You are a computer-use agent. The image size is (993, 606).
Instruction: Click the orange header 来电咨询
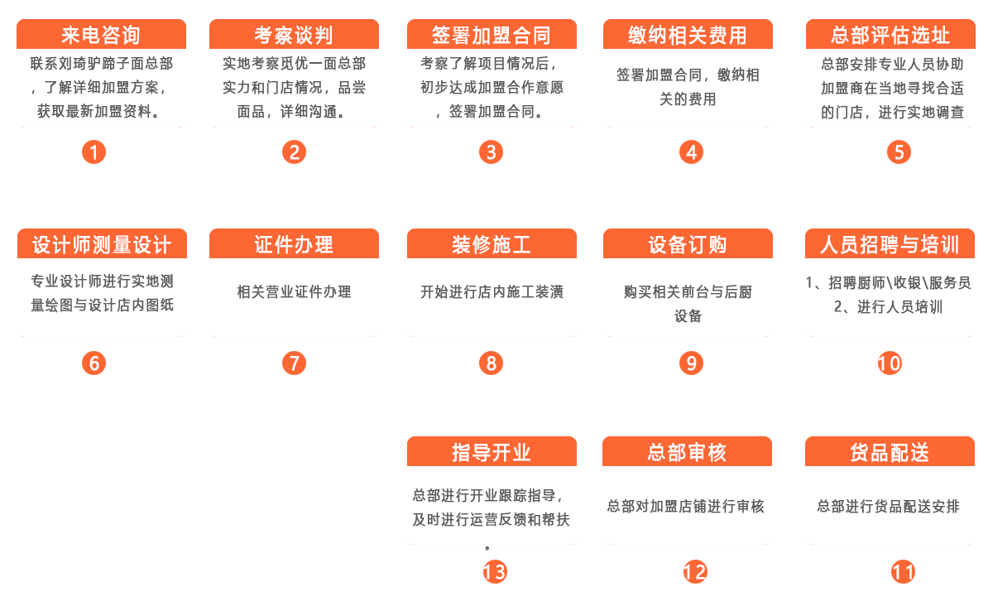pos(101,34)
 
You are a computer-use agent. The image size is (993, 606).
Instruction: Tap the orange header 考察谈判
pos(294,34)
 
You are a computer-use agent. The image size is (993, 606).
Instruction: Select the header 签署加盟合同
pos(492,34)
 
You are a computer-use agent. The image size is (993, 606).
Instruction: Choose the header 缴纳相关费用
pos(688,34)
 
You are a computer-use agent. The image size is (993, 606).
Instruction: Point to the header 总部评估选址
pos(890,34)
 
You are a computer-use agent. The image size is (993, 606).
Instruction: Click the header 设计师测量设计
pos(102,243)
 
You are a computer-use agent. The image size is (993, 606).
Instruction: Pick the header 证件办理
pos(294,243)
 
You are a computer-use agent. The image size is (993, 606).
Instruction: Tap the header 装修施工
pos(492,243)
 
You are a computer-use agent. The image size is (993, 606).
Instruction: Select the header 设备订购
pos(688,243)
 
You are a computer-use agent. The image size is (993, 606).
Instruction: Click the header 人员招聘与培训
pos(890,243)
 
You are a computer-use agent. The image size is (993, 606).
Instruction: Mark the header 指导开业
pos(492,452)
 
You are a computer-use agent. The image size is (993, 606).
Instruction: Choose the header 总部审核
pos(687,452)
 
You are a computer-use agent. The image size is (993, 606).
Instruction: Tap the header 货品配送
pos(890,452)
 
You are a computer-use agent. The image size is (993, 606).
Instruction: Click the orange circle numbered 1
pos(94,152)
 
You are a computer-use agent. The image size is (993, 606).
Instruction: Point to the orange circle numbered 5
pos(899,152)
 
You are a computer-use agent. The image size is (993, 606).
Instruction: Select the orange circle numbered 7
pos(295,363)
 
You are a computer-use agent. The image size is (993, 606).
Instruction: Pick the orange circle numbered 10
pos(890,363)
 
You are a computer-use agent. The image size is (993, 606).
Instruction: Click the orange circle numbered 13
pos(495,572)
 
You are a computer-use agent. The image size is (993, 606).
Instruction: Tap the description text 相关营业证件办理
pos(294,292)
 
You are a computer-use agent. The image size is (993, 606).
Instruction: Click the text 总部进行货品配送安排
pos(889,506)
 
